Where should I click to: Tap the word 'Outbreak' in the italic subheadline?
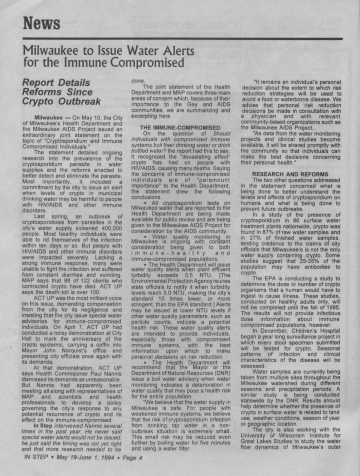tap(80, 102)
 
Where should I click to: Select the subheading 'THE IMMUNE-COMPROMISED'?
tap(180, 128)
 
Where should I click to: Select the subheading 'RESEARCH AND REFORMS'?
tap(290, 174)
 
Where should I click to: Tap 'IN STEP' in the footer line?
tap(36, 457)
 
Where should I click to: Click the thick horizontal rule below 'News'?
tap(182, 39)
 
